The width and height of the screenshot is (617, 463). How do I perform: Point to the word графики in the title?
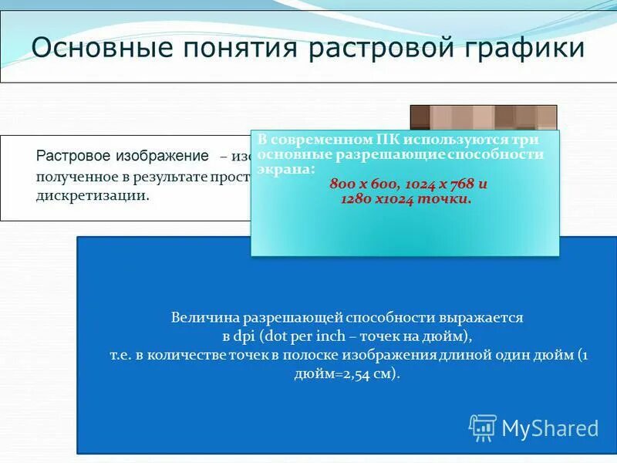point(528,49)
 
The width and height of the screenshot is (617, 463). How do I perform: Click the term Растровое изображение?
point(123,156)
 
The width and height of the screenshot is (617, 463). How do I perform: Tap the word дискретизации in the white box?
point(92,195)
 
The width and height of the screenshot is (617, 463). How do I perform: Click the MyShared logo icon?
point(483,427)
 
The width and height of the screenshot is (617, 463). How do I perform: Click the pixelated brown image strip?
point(483,117)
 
